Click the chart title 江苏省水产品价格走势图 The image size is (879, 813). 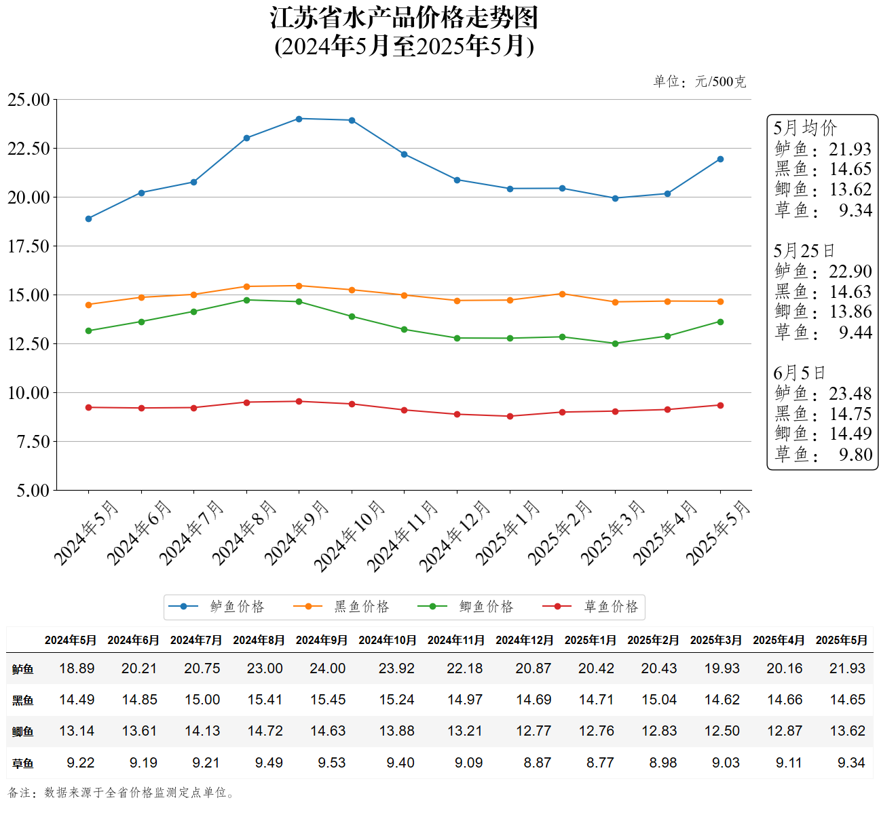(x=404, y=18)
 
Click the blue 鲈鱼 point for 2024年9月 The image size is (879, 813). (x=299, y=119)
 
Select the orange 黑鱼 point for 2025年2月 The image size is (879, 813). (x=562, y=294)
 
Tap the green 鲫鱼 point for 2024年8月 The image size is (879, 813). (x=246, y=300)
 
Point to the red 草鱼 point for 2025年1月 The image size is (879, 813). (x=510, y=416)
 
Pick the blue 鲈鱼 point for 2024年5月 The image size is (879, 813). (x=88, y=219)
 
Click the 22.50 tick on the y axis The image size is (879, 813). (x=29, y=149)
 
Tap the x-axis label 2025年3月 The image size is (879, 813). (x=613, y=532)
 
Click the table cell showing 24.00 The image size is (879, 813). (x=327, y=668)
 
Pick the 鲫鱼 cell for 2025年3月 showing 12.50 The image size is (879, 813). (x=722, y=731)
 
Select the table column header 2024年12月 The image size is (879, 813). (x=524, y=640)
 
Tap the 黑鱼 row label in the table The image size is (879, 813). (x=22, y=700)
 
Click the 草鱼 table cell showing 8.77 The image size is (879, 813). (x=600, y=763)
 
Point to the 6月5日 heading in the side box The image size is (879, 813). (x=799, y=373)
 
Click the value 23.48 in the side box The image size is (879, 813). (x=850, y=394)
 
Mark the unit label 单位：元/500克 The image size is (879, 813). (x=699, y=82)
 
